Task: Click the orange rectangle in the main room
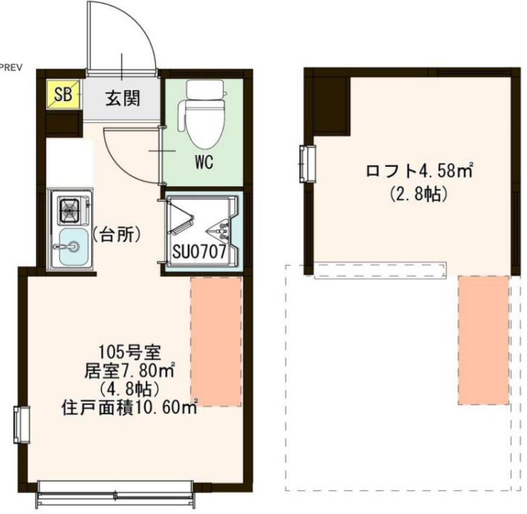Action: (x=216, y=342)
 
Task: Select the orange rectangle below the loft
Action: (x=483, y=340)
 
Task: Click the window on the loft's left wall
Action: (x=307, y=164)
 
